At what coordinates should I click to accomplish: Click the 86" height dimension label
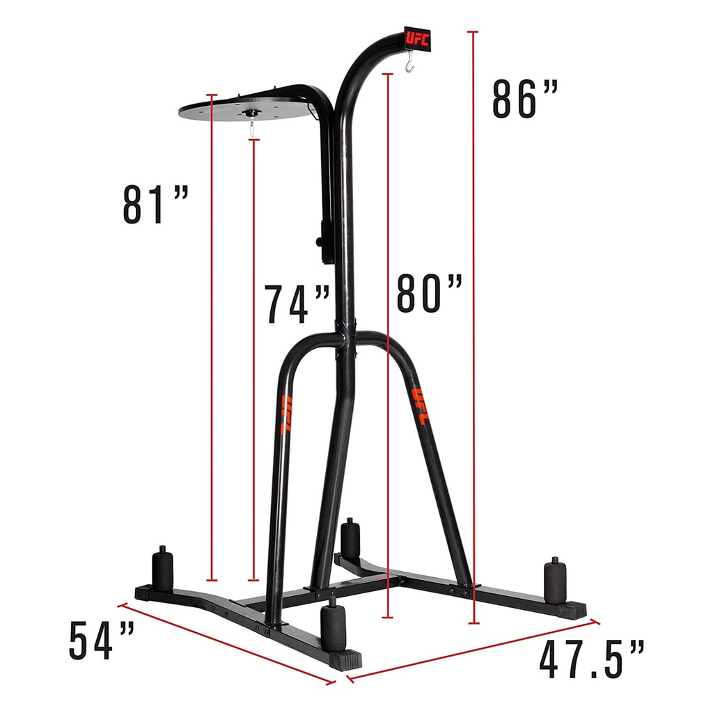pyautogui.click(x=525, y=100)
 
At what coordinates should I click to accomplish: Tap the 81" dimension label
pyautogui.click(x=155, y=205)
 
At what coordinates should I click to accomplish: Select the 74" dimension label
pyautogui.click(x=298, y=304)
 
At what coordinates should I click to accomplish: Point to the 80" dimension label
pyautogui.click(x=430, y=293)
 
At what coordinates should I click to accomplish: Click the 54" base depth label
pyautogui.click(x=102, y=641)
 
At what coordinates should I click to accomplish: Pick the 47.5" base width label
pyautogui.click(x=592, y=659)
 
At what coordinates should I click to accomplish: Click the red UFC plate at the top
pyautogui.click(x=417, y=39)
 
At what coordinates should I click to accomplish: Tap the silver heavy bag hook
pyautogui.click(x=409, y=61)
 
